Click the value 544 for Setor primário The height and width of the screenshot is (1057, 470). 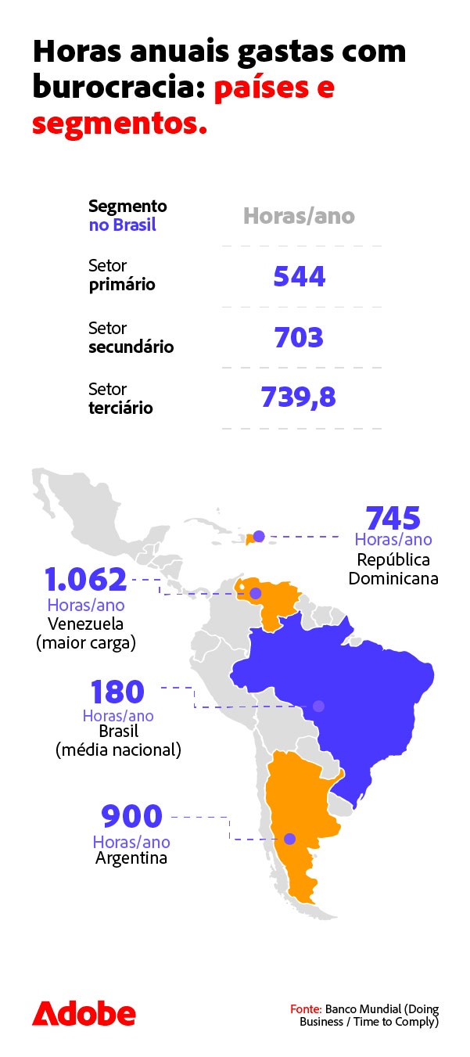[x=300, y=276]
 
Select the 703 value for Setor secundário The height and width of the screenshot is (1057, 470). [x=299, y=337]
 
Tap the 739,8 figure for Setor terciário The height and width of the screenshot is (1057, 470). [x=298, y=397]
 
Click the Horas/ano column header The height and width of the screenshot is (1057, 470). [x=299, y=216]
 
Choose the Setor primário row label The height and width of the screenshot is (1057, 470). [x=121, y=275]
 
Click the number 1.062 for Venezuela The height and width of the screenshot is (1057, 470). [x=85, y=581]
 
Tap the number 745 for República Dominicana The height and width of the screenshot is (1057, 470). [x=393, y=519]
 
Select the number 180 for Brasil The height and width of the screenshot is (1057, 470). [x=117, y=692]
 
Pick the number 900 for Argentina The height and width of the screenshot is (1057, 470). [x=131, y=817]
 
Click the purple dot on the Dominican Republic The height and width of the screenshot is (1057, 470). [x=259, y=536]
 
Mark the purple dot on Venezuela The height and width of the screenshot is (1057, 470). [x=255, y=593]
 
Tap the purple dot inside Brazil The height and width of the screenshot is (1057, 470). [x=318, y=706]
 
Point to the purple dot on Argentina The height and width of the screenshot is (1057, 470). [x=289, y=839]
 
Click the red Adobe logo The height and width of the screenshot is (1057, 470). [x=84, y=1013]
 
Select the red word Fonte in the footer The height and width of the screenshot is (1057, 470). [x=306, y=1009]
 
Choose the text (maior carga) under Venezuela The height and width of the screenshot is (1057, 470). [x=85, y=643]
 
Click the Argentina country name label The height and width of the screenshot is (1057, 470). [x=131, y=857]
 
